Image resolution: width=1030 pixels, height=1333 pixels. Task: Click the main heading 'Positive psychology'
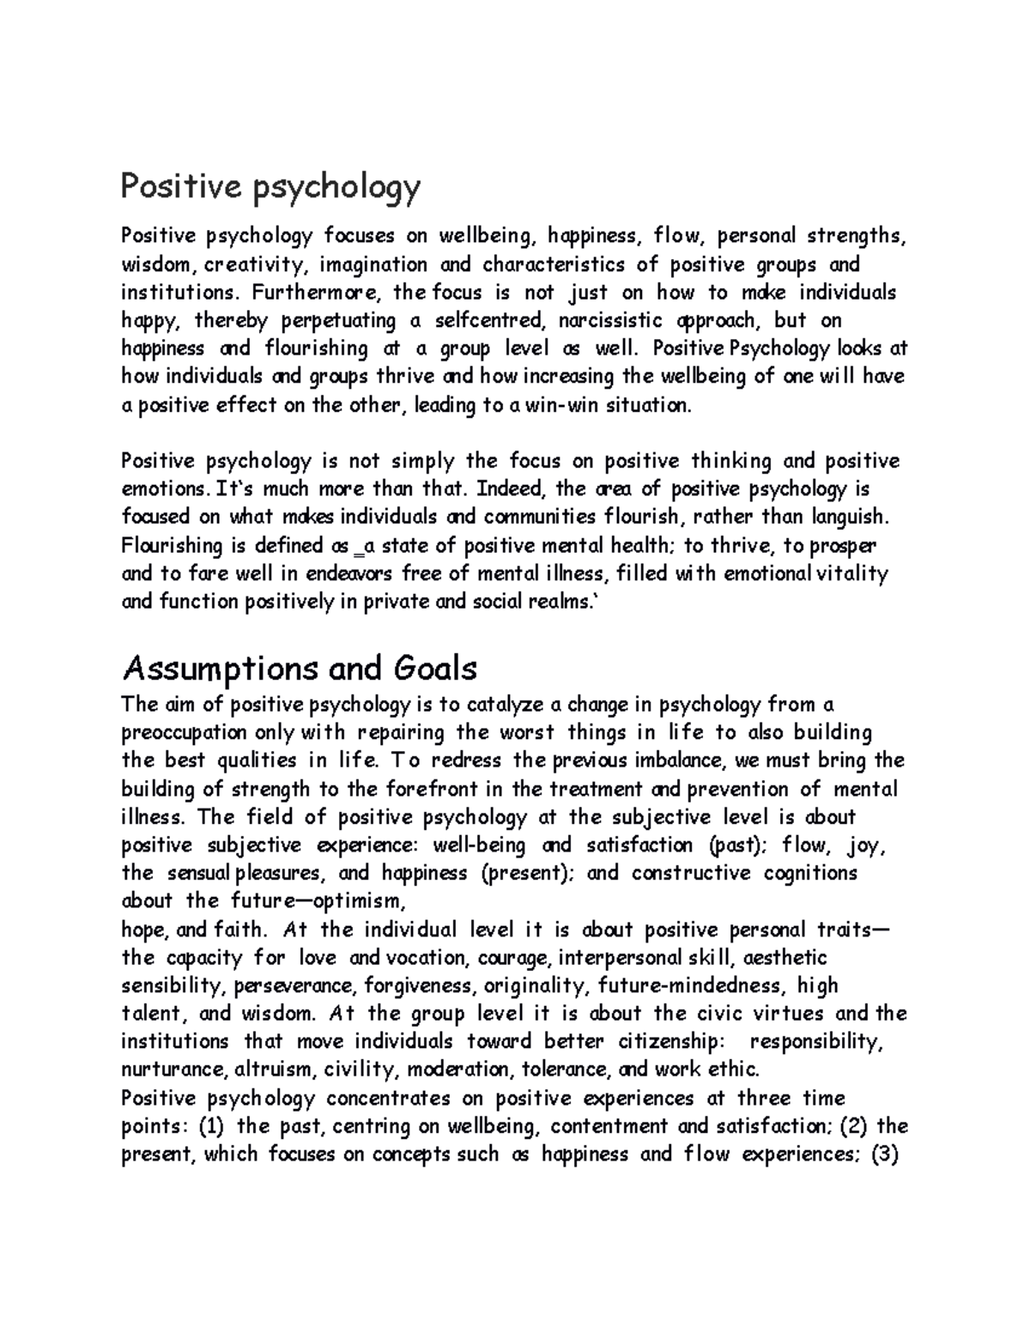point(270,187)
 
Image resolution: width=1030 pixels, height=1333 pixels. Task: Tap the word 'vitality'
point(851,573)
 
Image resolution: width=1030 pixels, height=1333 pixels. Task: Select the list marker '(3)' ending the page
point(884,1154)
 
